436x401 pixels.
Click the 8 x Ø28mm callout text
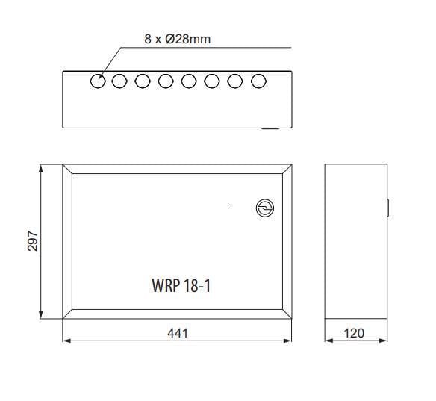tap(178, 38)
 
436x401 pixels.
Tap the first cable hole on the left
tap(98, 81)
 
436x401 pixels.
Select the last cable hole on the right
tap(259, 81)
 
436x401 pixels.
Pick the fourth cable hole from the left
tap(166, 81)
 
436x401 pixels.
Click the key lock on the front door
tap(264, 208)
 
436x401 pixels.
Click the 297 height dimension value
tap(33, 241)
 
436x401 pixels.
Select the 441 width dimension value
tap(178, 333)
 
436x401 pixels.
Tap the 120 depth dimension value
tap(355, 333)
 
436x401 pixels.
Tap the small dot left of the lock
tap(230, 205)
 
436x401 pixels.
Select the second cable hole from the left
tap(119, 81)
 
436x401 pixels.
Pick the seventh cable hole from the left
tap(236, 81)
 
